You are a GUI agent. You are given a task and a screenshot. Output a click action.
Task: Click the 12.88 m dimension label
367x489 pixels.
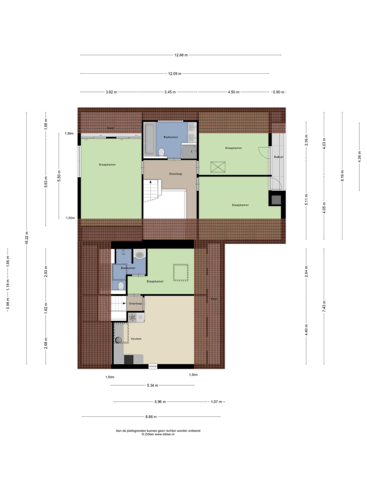pyautogui.click(x=181, y=55)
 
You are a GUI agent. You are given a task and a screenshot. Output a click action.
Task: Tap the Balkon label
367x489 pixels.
pyautogui.click(x=279, y=157)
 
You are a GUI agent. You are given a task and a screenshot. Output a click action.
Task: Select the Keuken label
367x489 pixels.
pyautogui.click(x=136, y=339)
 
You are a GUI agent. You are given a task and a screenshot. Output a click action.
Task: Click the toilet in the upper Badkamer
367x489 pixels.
pyautogui.click(x=161, y=153)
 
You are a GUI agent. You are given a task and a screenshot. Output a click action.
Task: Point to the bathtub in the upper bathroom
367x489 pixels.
pyautogui.click(x=149, y=139)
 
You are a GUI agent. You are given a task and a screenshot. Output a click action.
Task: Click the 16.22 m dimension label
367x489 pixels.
pyautogui.click(x=26, y=238)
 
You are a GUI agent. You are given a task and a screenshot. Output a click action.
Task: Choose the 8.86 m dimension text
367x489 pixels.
pyautogui.click(x=151, y=417)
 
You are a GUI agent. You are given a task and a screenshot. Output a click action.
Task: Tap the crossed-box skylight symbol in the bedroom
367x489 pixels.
pyautogui.click(x=218, y=167)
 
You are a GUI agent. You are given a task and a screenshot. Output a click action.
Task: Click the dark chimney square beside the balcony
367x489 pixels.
pyautogui.click(x=276, y=200)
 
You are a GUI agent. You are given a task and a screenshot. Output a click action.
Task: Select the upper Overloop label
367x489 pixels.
pyautogui.click(x=175, y=174)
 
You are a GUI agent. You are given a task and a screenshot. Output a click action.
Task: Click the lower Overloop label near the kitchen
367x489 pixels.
pyautogui.click(x=135, y=303)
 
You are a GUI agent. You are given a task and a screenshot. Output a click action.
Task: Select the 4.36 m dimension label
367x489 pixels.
pyautogui.click(x=359, y=157)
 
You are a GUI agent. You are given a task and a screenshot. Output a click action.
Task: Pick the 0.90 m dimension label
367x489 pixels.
pyautogui.click(x=279, y=92)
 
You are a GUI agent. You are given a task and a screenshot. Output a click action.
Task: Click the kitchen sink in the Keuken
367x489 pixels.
pyautogui.click(x=118, y=340)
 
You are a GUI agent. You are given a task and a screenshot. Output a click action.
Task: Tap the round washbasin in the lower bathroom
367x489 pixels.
pyautogui.click(x=140, y=255)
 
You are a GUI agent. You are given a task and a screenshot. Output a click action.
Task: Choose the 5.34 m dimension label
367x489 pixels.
pyautogui.click(x=153, y=386)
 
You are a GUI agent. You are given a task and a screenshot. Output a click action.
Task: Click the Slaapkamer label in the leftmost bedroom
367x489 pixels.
pyautogui.click(x=108, y=165)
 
